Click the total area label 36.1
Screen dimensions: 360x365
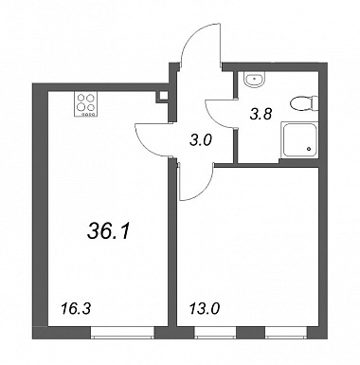(108, 232)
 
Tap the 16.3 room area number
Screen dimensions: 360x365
(75, 308)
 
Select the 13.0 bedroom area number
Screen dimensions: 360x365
(204, 308)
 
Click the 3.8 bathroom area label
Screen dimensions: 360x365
(261, 114)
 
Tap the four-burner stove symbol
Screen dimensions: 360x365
(85, 104)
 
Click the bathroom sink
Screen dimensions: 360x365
(255, 80)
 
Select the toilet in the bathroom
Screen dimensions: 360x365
(304, 103)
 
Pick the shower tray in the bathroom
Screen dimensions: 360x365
(299, 140)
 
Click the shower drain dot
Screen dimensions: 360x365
(310, 148)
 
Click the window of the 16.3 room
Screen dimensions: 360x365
(122, 333)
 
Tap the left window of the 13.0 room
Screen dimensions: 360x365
(215, 333)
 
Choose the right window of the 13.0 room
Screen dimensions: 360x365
(286, 333)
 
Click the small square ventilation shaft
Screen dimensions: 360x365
(163, 96)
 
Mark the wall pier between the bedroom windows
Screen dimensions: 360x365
(251, 333)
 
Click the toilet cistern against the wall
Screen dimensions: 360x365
(315, 103)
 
